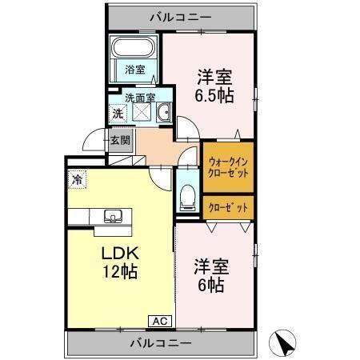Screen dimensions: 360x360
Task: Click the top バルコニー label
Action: pyautogui.click(x=181, y=15)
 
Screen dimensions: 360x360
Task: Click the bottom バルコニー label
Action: pyautogui.click(x=161, y=342)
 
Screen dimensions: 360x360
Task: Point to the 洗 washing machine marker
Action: pyautogui.click(x=118, y=114)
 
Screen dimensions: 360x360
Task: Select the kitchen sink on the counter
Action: pyautogui.click(x=112, y=215)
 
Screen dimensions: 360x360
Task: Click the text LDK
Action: pyautogui.click(x=118, y=254)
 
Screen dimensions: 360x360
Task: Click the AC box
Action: pyautogui.click(x=160, y=322)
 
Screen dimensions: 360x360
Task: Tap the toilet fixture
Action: pyautogui.click(x=187, y=194)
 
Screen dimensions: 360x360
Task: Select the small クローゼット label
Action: pyautogui.click(x=228, y=207)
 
